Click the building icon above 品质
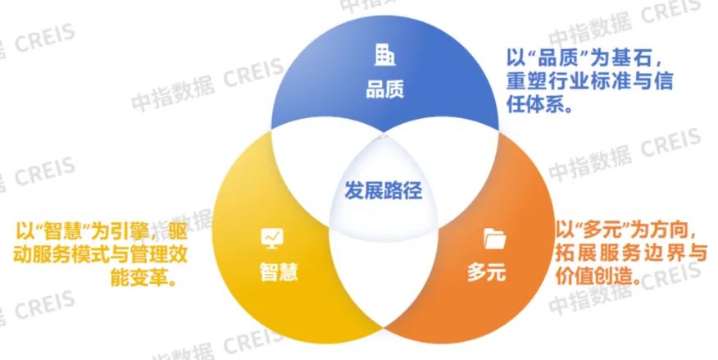(x=384, y=55)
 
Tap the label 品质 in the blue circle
(x=384, y=88)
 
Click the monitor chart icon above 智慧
(x=271, y=238)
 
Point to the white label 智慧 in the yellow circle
(x=274, y=271)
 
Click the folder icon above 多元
(x=494, y=239)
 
